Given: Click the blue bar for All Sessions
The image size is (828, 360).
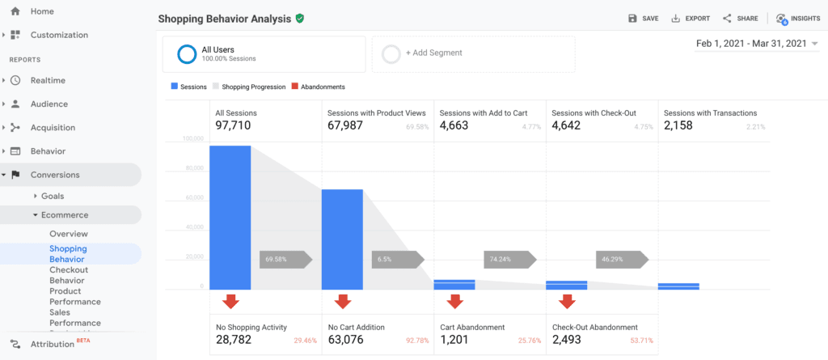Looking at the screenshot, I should pos(230,217).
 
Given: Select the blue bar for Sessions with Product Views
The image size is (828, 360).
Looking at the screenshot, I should pos(342,239).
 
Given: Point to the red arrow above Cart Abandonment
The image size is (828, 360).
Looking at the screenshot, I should pos(454,302).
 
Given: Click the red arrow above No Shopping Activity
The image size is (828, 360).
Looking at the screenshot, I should pos(230,302).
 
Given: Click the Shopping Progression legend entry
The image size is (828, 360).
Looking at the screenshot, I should pos(249,87).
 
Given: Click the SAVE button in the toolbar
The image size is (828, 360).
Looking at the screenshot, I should pos(644,19).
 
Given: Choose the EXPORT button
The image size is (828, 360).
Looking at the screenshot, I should pos(691,19).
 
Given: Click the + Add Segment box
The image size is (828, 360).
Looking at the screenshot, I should pos(473,53).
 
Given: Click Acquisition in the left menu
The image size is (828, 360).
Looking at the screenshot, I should pos(53,128).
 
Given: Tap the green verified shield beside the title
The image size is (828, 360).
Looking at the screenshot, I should pos(300,18).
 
